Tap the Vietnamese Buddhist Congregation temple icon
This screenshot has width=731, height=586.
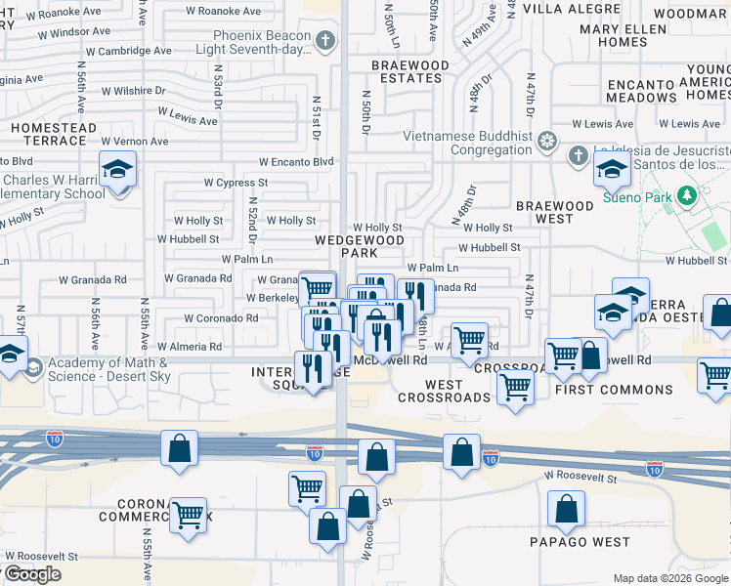click(x=547, y=143)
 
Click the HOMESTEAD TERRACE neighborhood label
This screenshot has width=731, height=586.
click(x=54, y=134)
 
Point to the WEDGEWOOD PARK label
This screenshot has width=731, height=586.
click(x=359, y=246)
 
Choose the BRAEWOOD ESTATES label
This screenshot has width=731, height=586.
click(x=410, y=71)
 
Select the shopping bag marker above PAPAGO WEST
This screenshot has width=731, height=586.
click(x=566, y=510)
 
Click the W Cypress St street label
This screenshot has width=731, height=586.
click(x=236, y=183)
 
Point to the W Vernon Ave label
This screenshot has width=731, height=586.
click(x=133, y=142)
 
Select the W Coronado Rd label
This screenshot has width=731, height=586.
click(x=225, y=318)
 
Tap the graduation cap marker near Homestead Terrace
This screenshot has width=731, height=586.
click(x=117, y=171)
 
